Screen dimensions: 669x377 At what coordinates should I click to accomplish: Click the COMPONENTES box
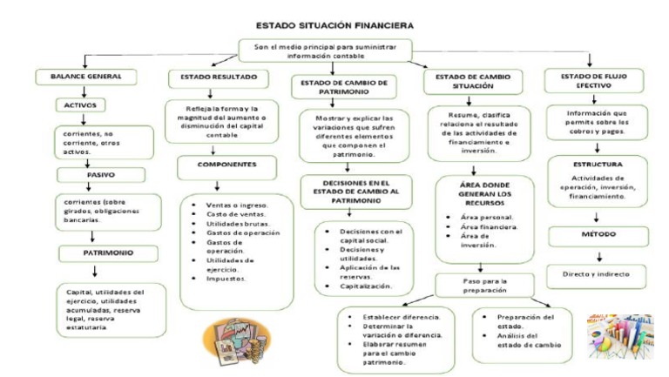click(226, 164)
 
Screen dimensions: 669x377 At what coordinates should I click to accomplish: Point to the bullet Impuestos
click(226, 279)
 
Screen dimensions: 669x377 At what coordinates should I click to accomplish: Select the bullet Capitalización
click(368, 285)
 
